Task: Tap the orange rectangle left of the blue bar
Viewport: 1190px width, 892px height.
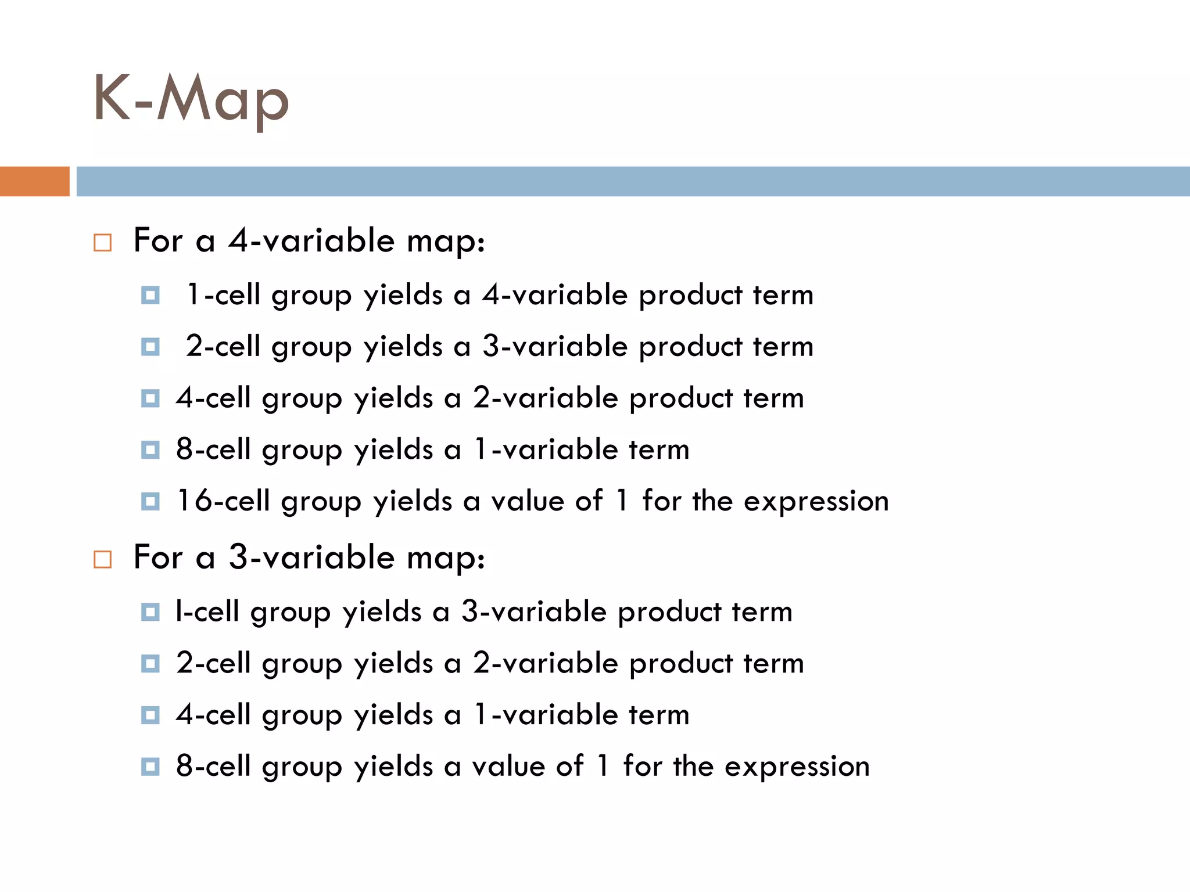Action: pos(34,181)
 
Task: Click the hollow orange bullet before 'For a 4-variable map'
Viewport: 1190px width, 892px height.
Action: pos(102,242)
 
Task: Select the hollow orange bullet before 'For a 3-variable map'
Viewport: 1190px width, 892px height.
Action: pos(102,559)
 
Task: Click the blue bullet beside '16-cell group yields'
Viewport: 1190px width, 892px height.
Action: pos(150,501)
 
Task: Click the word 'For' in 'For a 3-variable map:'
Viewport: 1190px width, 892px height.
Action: pos(158,557)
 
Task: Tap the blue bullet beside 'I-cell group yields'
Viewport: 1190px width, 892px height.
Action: pos(150,612)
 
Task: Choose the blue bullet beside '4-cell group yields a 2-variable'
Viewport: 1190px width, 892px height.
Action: pos(150,398)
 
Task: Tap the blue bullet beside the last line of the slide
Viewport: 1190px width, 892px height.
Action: pos(150,767)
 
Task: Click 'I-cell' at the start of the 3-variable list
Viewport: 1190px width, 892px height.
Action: pos(207,612)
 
